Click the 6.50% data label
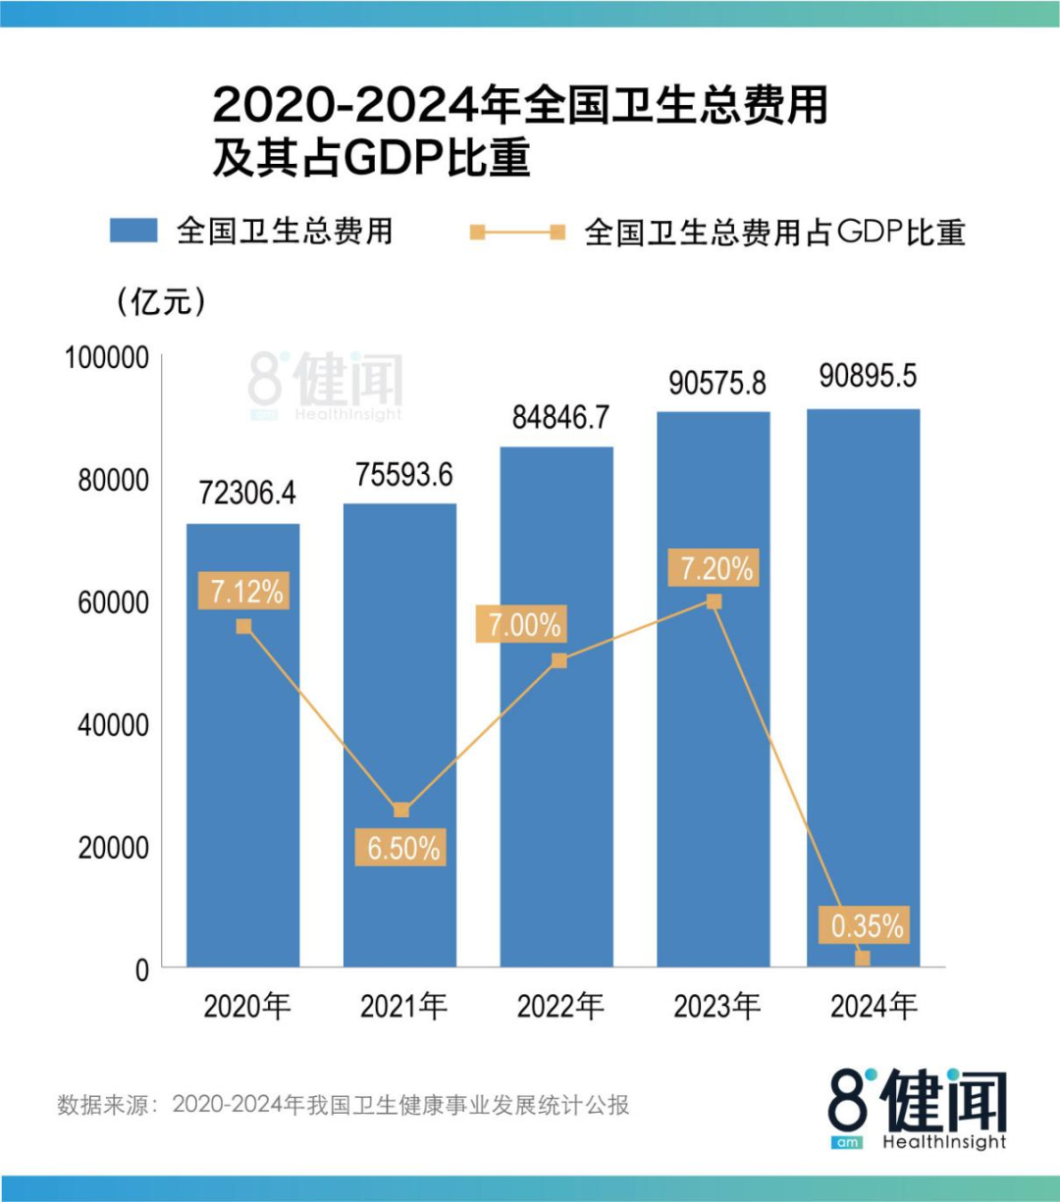(x=400, y=847)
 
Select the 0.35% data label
(x=867, y=925)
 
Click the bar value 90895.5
(x=868, y=376)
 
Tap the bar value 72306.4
(x=246, y=492)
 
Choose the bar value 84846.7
(x=560, y=417)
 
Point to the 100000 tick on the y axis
(x=107, y=358)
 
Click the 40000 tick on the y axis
(x=113, y=725)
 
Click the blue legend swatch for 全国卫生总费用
(x=133, y=231)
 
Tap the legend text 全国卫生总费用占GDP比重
(x=774, y=233)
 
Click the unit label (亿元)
(x=161, y=301)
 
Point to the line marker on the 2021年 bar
(x=400, y=810)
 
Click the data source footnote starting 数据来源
(x=343, y=1105)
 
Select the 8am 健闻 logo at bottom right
(x=917, y=1109)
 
